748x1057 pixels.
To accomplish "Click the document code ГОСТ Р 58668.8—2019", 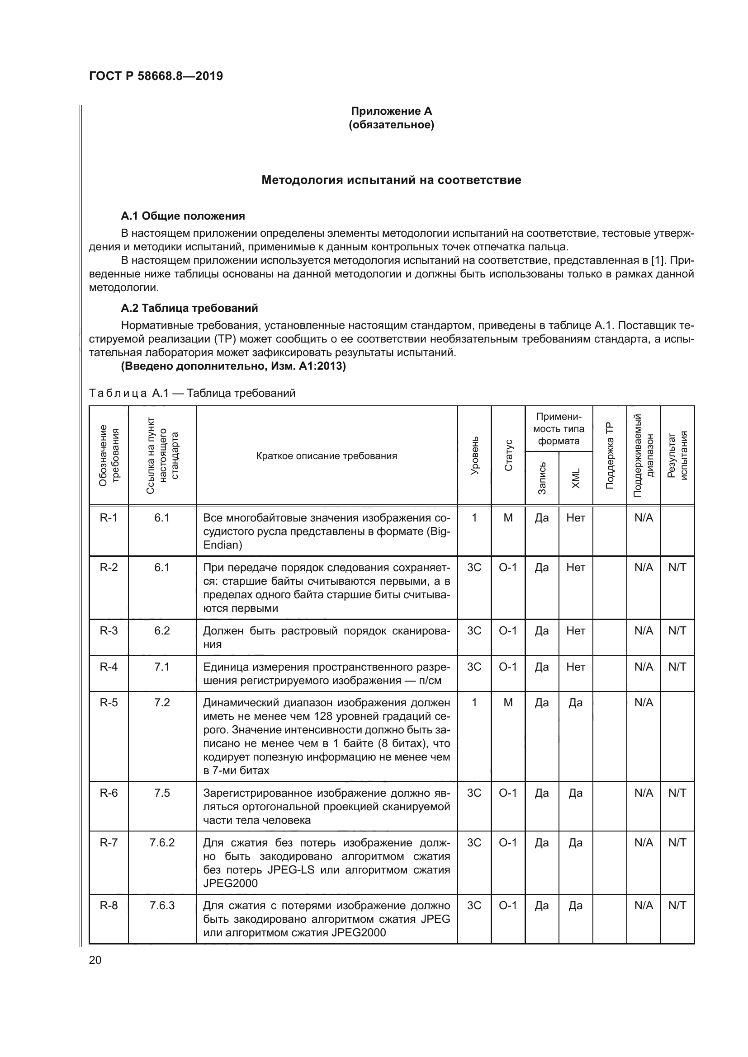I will pos(156,76).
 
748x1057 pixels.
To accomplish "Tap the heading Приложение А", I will pos(391,111).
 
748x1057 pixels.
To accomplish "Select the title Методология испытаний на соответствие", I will pos(391,180).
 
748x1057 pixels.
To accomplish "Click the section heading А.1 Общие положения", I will pos(182,216).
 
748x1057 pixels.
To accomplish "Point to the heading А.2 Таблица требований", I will pos(189,308).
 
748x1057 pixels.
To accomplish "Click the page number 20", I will pos(95,960).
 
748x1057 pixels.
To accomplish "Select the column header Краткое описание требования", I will pos(326,456).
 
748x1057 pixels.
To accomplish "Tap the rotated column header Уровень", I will pos(474,456).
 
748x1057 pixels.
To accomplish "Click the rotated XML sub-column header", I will pos(576,478).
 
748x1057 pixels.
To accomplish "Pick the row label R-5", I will pos(109,703).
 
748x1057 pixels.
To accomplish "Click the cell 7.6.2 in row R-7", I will pos(162,842).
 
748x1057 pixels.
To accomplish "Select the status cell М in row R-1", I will pos(508,518).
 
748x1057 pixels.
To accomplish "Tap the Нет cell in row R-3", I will pos(576,631).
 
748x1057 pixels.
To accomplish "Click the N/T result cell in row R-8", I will pos(677,906).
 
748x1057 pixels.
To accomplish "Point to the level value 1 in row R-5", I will pos(474,703).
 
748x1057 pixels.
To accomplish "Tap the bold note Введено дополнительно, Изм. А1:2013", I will pos(233,366).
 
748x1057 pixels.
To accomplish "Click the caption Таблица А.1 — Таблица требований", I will pos(192,393).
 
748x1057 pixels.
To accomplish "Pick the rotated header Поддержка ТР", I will pos(609,456).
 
